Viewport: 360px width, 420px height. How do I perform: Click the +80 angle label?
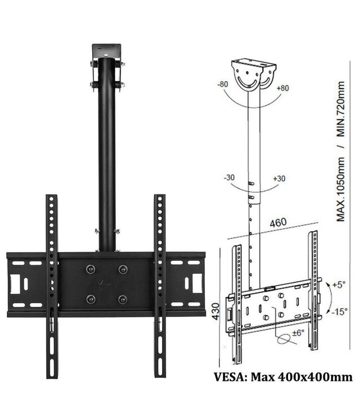[x=283, y=88]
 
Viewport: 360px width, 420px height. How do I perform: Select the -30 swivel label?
[x=230, y=177]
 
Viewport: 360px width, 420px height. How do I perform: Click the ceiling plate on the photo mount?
[x=107, y=50]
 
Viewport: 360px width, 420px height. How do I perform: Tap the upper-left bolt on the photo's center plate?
[x=91, y=269]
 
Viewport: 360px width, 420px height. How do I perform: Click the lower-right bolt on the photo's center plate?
[x=122, y=299]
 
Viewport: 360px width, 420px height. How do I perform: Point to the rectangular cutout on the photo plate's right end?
[x=196, y=283]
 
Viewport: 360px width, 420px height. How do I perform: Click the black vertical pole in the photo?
[x=107, y=154]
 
